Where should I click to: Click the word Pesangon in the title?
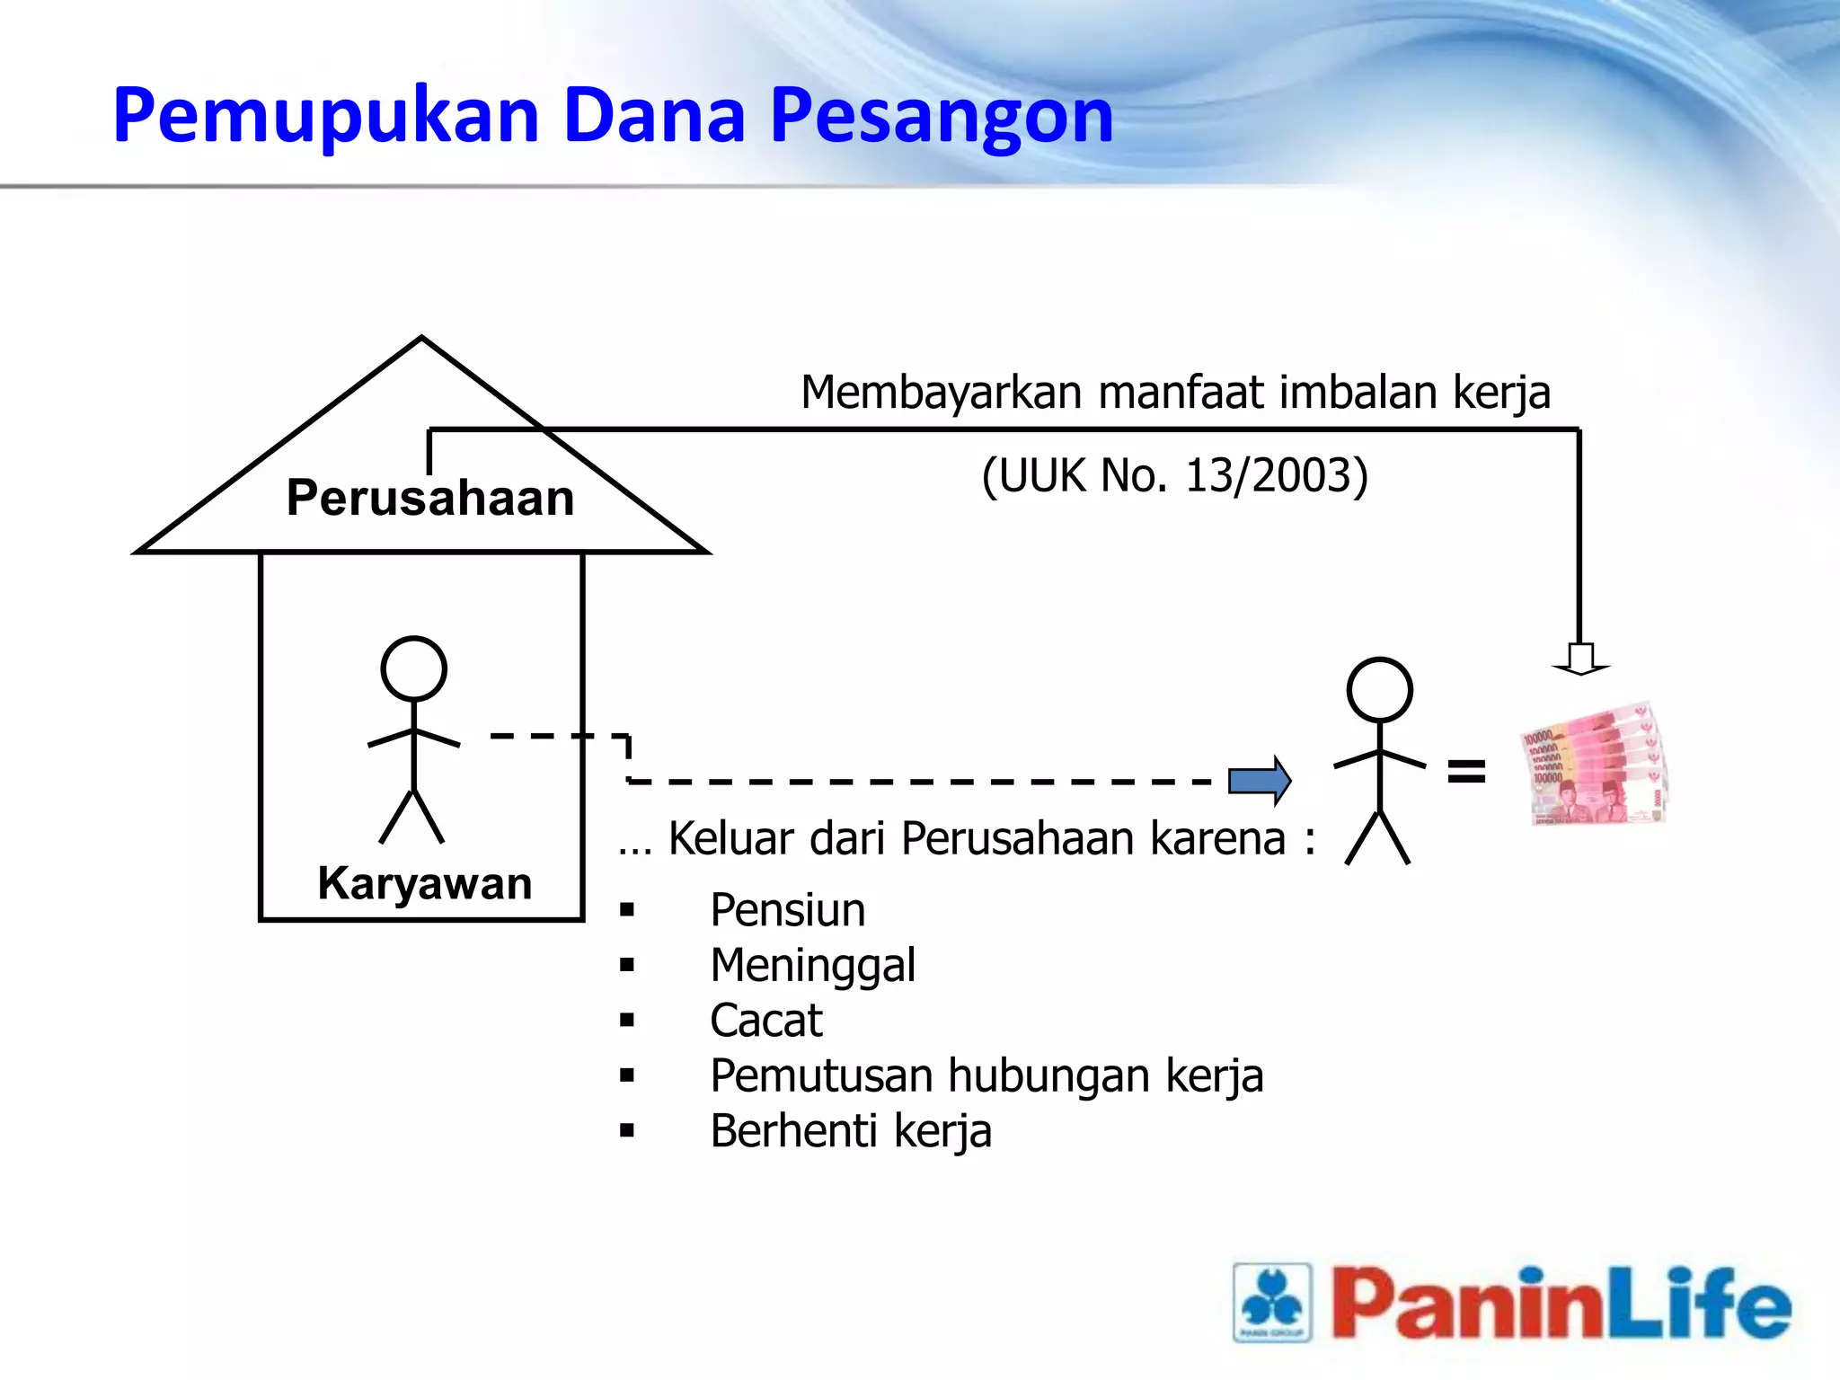click(x=941, y=117)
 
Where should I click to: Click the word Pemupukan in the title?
click(x=325, y=117)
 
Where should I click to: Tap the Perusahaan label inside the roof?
click(x=429, y=498)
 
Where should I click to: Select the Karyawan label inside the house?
click(x=425, y=883)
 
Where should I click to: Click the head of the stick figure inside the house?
click(x=413, y=668)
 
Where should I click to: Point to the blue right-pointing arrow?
click(x=1260, y=780)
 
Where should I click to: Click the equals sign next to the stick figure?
click(x=1466, y=771)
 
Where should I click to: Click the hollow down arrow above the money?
click(x=1580, y=659)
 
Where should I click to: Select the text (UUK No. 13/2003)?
click(x=1174, y=475)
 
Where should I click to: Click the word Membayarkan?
click(x=941, y=393)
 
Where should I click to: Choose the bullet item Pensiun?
click(x=787, y=910)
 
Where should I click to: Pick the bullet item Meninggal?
click(x=812, y=966)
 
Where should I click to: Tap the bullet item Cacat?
click(x=765, y=1021)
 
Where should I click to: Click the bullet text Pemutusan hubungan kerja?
click(x=986, y=1076)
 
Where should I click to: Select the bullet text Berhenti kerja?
click(x=850, y=1131)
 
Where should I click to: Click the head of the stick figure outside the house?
click(x=1379, y=689)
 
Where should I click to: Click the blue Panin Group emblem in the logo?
click(x=1272, y=1302)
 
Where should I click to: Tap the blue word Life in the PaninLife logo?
click(x=1697, y=1304)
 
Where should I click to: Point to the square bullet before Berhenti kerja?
click(x=627, y=1131)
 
